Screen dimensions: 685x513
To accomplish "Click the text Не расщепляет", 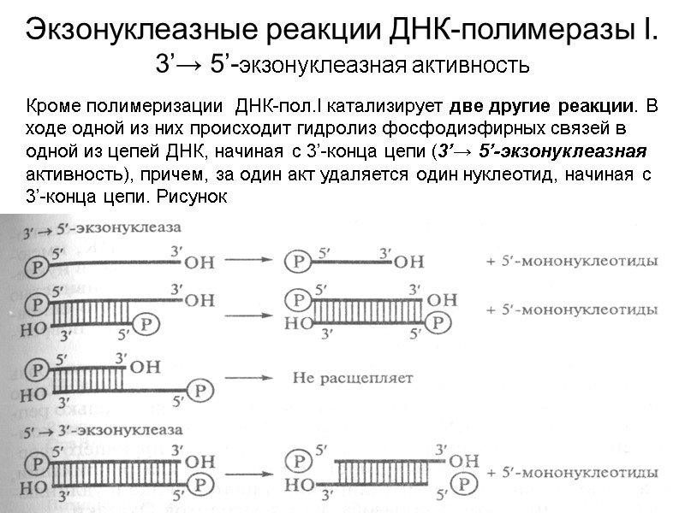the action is (340, 376).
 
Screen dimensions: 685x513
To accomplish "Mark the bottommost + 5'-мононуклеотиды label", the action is (571, 473).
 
